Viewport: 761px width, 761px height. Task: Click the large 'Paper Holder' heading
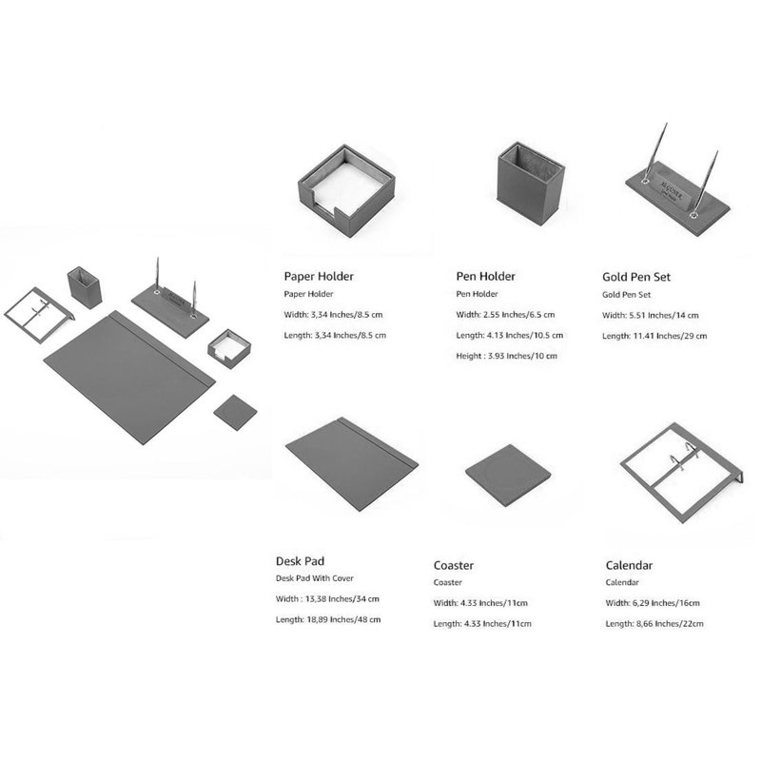(x=319, y=277)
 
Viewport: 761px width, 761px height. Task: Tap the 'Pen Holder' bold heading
(x=485, y=277)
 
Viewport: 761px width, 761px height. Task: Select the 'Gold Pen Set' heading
(x=636, y=277)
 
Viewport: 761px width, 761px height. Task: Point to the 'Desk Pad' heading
(x=300, y=561)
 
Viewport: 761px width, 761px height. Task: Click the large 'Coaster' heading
(x=454, y=565)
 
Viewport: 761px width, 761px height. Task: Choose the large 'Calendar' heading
(x=629, y=565)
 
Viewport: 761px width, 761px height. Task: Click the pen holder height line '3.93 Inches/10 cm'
(x=522, y=356)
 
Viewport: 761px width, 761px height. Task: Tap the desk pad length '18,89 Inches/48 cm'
(x=343, y=620)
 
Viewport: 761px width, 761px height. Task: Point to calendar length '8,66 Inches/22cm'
(x=670, y=624)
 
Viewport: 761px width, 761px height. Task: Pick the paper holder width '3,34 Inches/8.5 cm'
(x=347, y=315)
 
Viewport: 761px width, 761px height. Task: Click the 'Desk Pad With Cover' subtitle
(x=315, y=578)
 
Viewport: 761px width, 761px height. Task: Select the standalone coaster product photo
(x=508, y=476)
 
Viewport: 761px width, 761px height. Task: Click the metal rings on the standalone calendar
(x=684, y=456)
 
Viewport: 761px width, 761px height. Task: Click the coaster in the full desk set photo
(x=235, y=413)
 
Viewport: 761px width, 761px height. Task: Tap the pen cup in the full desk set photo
(x=85, y=287)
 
